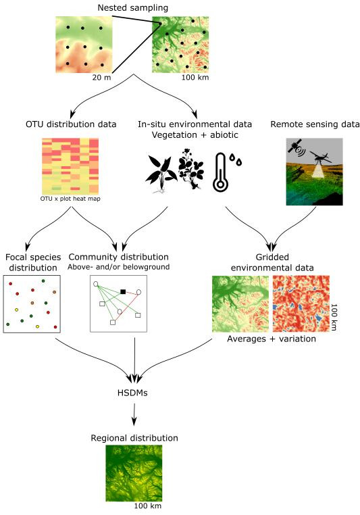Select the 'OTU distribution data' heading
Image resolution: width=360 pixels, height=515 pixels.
71,124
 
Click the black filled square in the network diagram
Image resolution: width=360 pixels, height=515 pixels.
123,291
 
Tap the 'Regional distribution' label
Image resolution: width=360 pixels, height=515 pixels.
134,438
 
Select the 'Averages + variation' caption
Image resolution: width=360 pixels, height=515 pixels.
272,339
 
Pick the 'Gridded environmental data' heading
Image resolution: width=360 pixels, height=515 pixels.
272,262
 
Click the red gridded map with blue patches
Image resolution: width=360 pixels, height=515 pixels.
301,303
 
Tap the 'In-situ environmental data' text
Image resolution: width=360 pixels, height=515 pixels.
195,124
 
